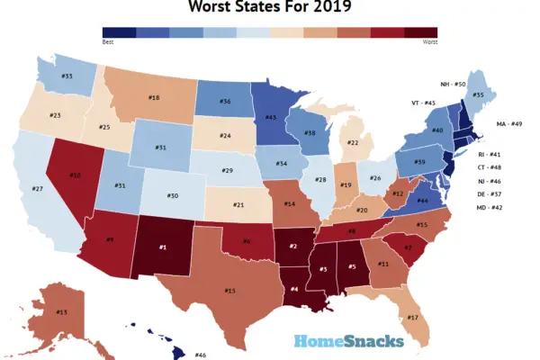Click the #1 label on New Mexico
(x=163, y=247)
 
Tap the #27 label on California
(x=38, y=189)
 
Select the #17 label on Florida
(x=413, y=318)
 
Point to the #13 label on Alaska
(x=61, y=312)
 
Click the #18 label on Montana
(x=154, y=97)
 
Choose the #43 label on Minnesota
(x=270, y=117)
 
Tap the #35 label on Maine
(x=479, y=94)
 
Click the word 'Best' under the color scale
(x=108, y=41)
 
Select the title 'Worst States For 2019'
(x=270, y=9)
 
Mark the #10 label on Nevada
(x=76, y=175)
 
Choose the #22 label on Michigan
(x=354, y=143)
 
